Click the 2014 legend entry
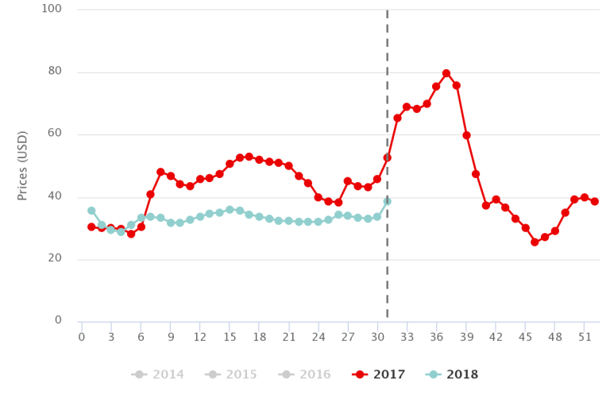(x=158, y=375)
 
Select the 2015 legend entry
(x=231, y=375)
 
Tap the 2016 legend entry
(x=305, y=375)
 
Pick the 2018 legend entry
(x=451, y=375)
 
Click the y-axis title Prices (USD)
(x=23, y=165)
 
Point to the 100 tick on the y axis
(x=52, y=9)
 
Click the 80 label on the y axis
(x=55, y=71)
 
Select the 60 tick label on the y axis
(x=55, y=133)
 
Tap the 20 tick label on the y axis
(x=55, y=258)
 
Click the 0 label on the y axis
(x=58, y=320)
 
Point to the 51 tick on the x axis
(x=584, y=337)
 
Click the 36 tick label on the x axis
(x=436, y=337)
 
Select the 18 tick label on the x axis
(x=259, y=337)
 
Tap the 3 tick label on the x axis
(x=111, y=337)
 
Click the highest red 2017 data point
(x=446, y=73)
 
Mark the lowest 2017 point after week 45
(x=535, y=242)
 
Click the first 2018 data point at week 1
(x=91, y=211)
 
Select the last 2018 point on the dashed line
(x=387, y=201)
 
